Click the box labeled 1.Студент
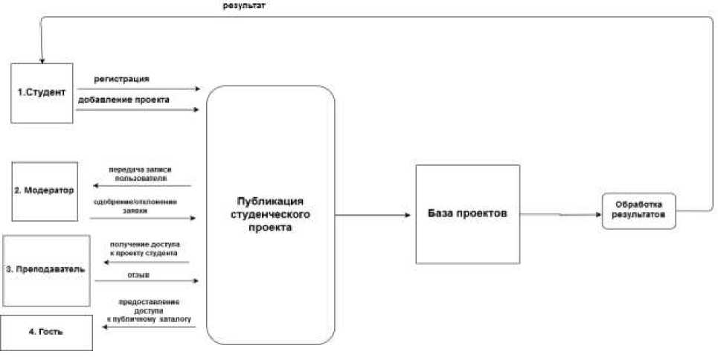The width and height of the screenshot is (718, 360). coord(42,92)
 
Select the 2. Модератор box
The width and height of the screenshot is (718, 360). coord(45,190)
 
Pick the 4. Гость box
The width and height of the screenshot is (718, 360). coord(46,332)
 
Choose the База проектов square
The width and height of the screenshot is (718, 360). coord(467,213)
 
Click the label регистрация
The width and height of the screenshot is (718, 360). coord(121,79)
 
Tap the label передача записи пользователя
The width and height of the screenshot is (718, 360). coord(141,174)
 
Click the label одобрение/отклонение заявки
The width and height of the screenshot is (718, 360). coord(135,205)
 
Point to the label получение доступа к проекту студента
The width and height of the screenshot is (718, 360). coord(144,248)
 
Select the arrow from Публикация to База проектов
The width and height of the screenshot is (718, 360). coord(372,215)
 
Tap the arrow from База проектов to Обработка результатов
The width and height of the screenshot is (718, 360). coord(560,214)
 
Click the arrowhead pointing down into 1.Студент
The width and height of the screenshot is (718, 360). coord(42,60)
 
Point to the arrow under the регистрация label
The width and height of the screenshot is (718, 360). coord(138,89)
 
